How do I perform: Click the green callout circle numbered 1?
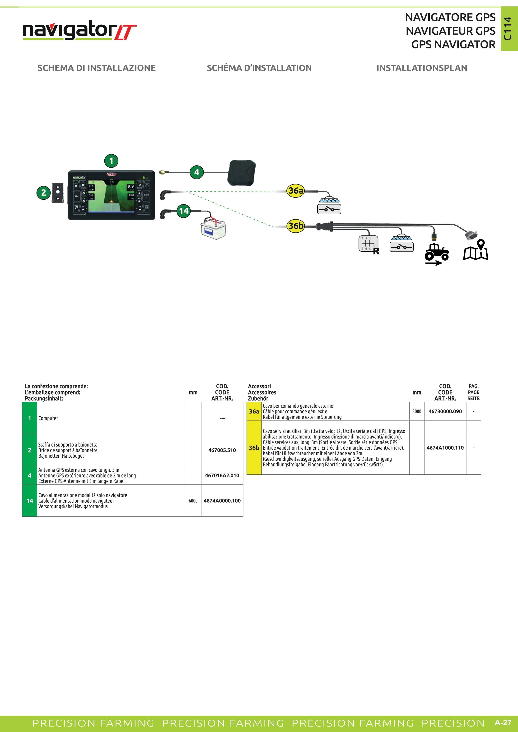[x=111, y=161]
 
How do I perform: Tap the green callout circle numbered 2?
[x=44, y=193]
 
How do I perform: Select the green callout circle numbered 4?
[x=196, y=172]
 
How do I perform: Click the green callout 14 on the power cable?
[x=184, y=211]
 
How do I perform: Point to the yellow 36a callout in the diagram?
[x=296, y=191]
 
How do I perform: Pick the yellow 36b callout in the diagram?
[x=296, y=226]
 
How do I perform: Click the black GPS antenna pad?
[x=242, y=173]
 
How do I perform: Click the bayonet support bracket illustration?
[x=58, y=193]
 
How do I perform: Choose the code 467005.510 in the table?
[x=222, y=450]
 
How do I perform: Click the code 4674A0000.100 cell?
[x=222, y=501]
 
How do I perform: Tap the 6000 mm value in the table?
[x=193, y=501]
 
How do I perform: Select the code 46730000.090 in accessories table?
[x=445, y=411]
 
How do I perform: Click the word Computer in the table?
[x=48, y=418]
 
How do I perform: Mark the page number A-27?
[x=503, y=723]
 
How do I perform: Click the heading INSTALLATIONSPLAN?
[x=422, y=68]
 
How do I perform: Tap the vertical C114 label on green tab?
[x=508, y=29]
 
